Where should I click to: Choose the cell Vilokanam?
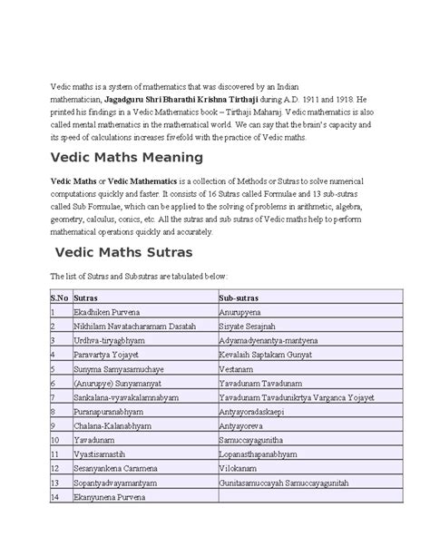(240, 469)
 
